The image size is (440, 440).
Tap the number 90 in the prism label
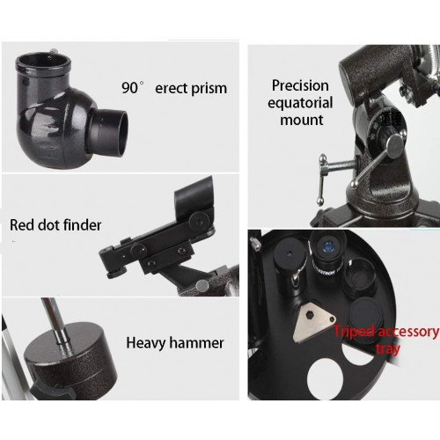(129, 87)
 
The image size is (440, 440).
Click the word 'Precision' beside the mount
(300, 85)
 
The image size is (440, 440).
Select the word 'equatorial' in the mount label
(300, 103)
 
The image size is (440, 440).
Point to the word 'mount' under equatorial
(302, 120)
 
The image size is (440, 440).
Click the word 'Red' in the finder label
(22, 225)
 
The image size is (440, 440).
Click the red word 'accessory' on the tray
(408, 332)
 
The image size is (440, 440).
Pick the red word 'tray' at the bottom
(388, 349)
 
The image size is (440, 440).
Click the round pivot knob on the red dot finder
(200, 219)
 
